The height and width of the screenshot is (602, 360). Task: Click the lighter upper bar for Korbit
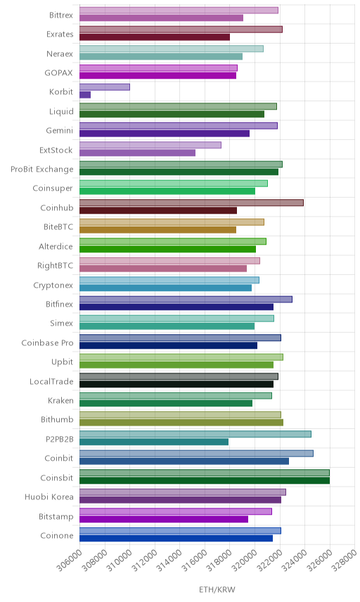(x=105, y=87)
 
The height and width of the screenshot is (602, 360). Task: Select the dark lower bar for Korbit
(x=85, y=95)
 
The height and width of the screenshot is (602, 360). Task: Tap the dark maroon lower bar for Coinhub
(x=158, y=210)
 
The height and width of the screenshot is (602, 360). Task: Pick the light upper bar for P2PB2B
(x=195, y=434)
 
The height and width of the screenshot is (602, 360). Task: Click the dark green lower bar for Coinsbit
(x=205, y=480)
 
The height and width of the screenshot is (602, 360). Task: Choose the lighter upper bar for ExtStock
(x=150, y=145)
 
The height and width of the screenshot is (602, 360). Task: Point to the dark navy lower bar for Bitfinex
(x=176, y=307)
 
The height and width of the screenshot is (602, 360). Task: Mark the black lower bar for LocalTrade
(x=176, y=384)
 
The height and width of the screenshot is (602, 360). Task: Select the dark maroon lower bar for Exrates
(x=155, y=37)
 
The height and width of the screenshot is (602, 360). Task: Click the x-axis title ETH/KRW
(x=217, y=590)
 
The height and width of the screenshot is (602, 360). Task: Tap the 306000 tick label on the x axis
(x=70, y=561)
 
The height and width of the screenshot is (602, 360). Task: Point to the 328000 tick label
(x=345, y=561)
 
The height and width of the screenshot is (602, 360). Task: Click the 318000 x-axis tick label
(x=219, y=561)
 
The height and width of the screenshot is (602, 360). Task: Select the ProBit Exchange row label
(x=41, y=169)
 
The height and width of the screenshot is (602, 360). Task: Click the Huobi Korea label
(x=49, y=497)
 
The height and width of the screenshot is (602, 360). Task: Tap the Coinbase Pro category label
(x=47, y=343)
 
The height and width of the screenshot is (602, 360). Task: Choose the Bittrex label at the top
(x=61, y=15)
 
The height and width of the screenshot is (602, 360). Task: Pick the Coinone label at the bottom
(x=57, y=536)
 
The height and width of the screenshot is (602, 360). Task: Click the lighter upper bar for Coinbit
(x=196, y=454)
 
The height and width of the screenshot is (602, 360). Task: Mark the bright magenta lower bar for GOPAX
(x=157, y=76)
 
